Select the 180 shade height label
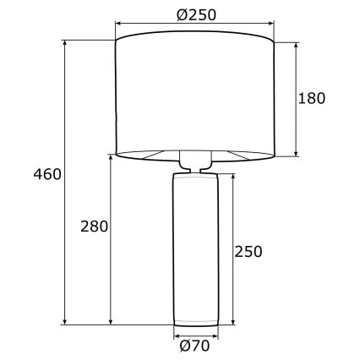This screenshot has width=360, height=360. click(311, 97)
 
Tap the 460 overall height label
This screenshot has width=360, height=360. click(46, 175)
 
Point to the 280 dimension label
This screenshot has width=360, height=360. click(93, 226)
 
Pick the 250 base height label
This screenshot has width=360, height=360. click(248, 251)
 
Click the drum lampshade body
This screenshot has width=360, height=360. click(195, 93)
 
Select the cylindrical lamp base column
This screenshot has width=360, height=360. click(195, 249)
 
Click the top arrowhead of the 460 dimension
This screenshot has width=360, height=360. click(66, 43)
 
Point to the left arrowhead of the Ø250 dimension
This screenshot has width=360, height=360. click(119, 25)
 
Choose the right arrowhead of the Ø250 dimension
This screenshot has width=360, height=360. click(271, 25)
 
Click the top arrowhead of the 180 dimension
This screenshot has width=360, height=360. click(296, 44)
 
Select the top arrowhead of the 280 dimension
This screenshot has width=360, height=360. click(110, 158)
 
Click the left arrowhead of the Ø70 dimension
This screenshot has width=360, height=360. click(177, 333)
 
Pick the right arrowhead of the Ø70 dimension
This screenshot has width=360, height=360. click(214, 333)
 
